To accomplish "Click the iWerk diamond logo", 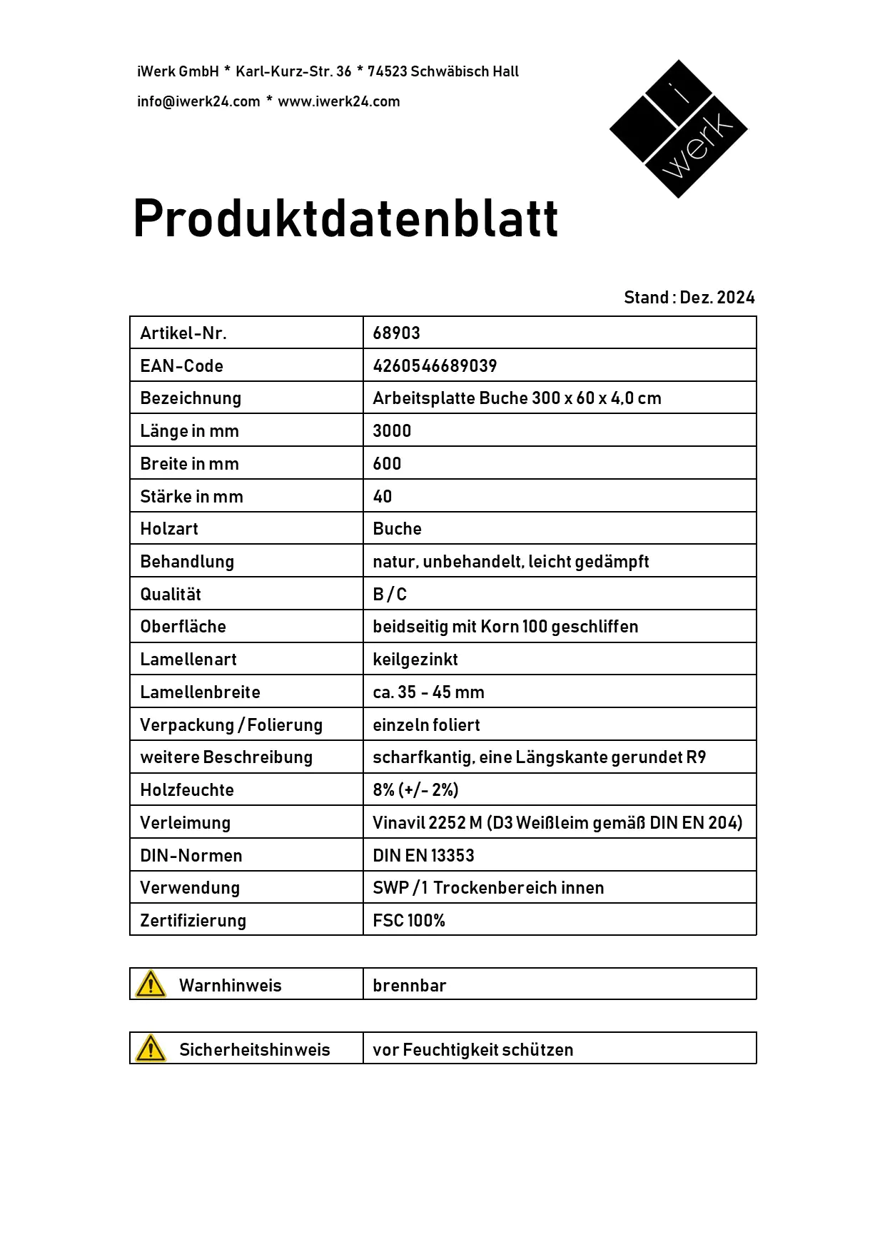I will pos(678,128).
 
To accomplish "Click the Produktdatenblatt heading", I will pos(345,218).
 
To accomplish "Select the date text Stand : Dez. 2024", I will pos(689,298).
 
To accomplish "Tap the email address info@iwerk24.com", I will pos(198,101).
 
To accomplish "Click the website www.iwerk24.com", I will pos(339,101).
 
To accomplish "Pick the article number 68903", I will pos(396,333).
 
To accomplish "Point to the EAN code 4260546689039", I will pos(435,366).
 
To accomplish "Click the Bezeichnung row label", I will pos(191,398).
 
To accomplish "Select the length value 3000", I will pos(392,431).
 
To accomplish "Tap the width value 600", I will pos(387,464).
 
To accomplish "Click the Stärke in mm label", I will pos(191,497).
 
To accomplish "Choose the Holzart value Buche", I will pos(397,529).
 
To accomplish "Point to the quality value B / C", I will pos(390,595).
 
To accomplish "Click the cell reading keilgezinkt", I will pos(415,660).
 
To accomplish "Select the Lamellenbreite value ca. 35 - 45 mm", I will pos(428,692).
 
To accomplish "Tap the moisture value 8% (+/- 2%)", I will pos(415,790).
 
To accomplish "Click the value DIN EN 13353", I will pos(423,856).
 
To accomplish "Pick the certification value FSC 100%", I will pos(409,921).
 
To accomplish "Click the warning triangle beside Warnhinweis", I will pos(151,984).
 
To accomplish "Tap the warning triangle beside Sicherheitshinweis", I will pos(151,1049).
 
